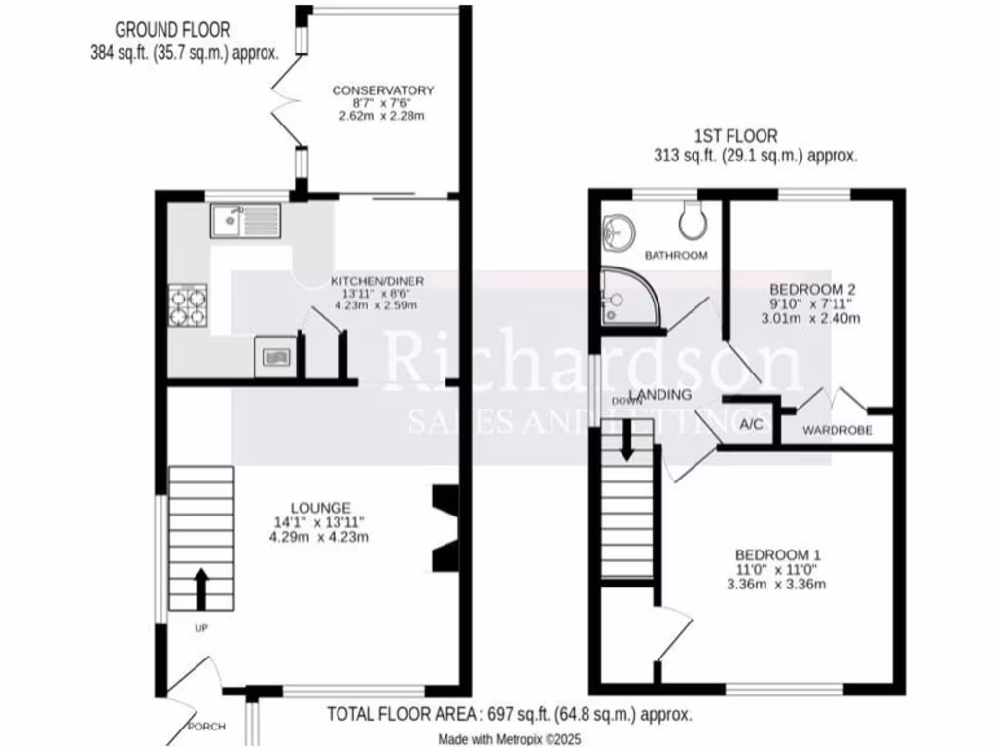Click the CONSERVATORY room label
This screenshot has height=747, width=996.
tap(382, 90)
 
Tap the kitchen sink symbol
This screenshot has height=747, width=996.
tap(245, 222)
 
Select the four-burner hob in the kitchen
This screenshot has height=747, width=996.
tap(189, 304)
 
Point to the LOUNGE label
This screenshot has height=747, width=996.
tap(319, 507)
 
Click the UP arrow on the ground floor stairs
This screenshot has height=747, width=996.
tap(202, 587)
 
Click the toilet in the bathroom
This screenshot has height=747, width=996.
tap(694, 221)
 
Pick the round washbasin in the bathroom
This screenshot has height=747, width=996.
tap(617, 230)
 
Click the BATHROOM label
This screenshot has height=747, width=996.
tap(676, 255)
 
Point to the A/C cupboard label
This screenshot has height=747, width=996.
tap(751, 425)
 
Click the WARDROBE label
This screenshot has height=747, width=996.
tap(836, 430)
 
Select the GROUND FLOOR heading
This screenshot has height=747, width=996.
tap(173, 30)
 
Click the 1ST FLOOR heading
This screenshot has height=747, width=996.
tap(735, 136)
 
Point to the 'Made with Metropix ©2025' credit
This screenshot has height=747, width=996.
tap(509, 739)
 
